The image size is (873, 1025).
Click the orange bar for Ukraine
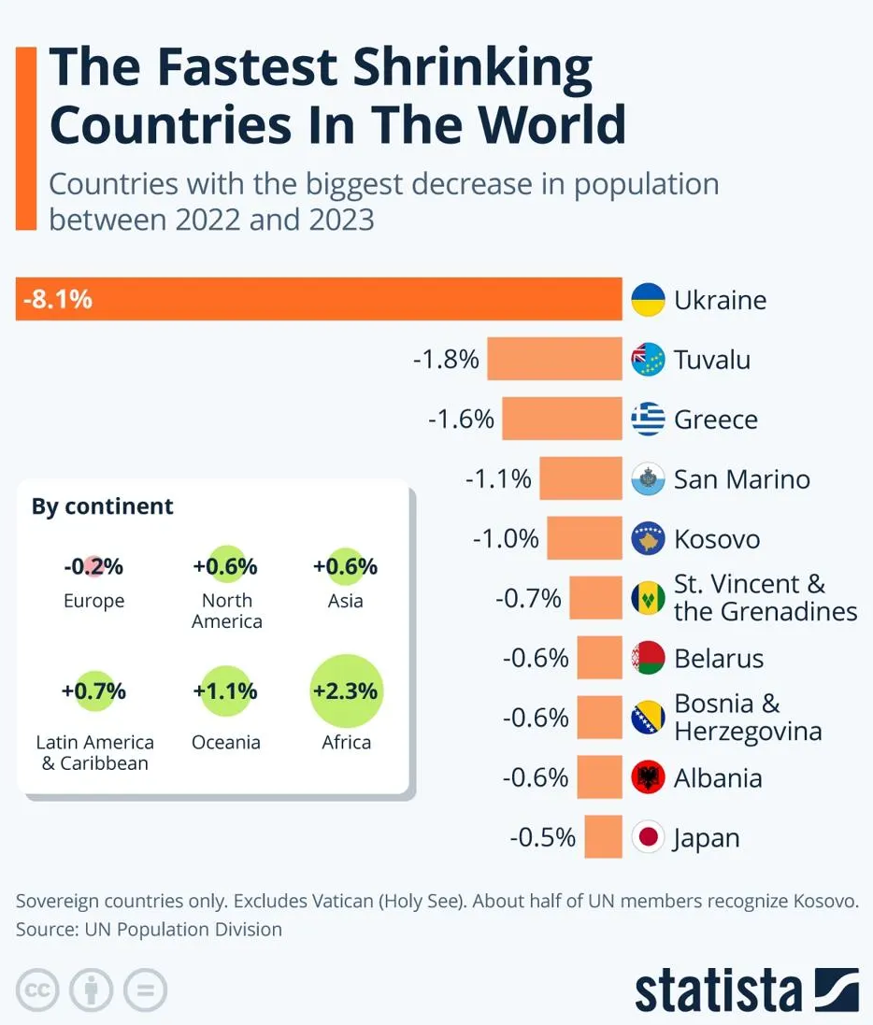355,299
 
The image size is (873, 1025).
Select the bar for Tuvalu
554,359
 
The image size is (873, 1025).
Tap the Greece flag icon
648,419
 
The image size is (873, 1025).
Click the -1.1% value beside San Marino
498,479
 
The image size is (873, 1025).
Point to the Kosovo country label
717,539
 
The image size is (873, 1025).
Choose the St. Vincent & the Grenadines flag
648,598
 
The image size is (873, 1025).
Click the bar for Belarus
599,658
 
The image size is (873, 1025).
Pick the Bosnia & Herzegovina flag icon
648,718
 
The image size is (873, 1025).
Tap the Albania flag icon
648,777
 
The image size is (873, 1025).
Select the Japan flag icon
648,837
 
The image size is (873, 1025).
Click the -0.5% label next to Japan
543,837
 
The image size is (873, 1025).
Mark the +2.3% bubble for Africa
346,692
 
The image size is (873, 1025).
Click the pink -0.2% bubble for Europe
93,566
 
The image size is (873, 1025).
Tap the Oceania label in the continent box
225,743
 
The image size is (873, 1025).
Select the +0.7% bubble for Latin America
93,692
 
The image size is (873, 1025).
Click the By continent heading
103,506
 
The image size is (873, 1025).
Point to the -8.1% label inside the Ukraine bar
57,300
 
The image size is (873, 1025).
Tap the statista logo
746,989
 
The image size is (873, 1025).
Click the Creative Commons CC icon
37,989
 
